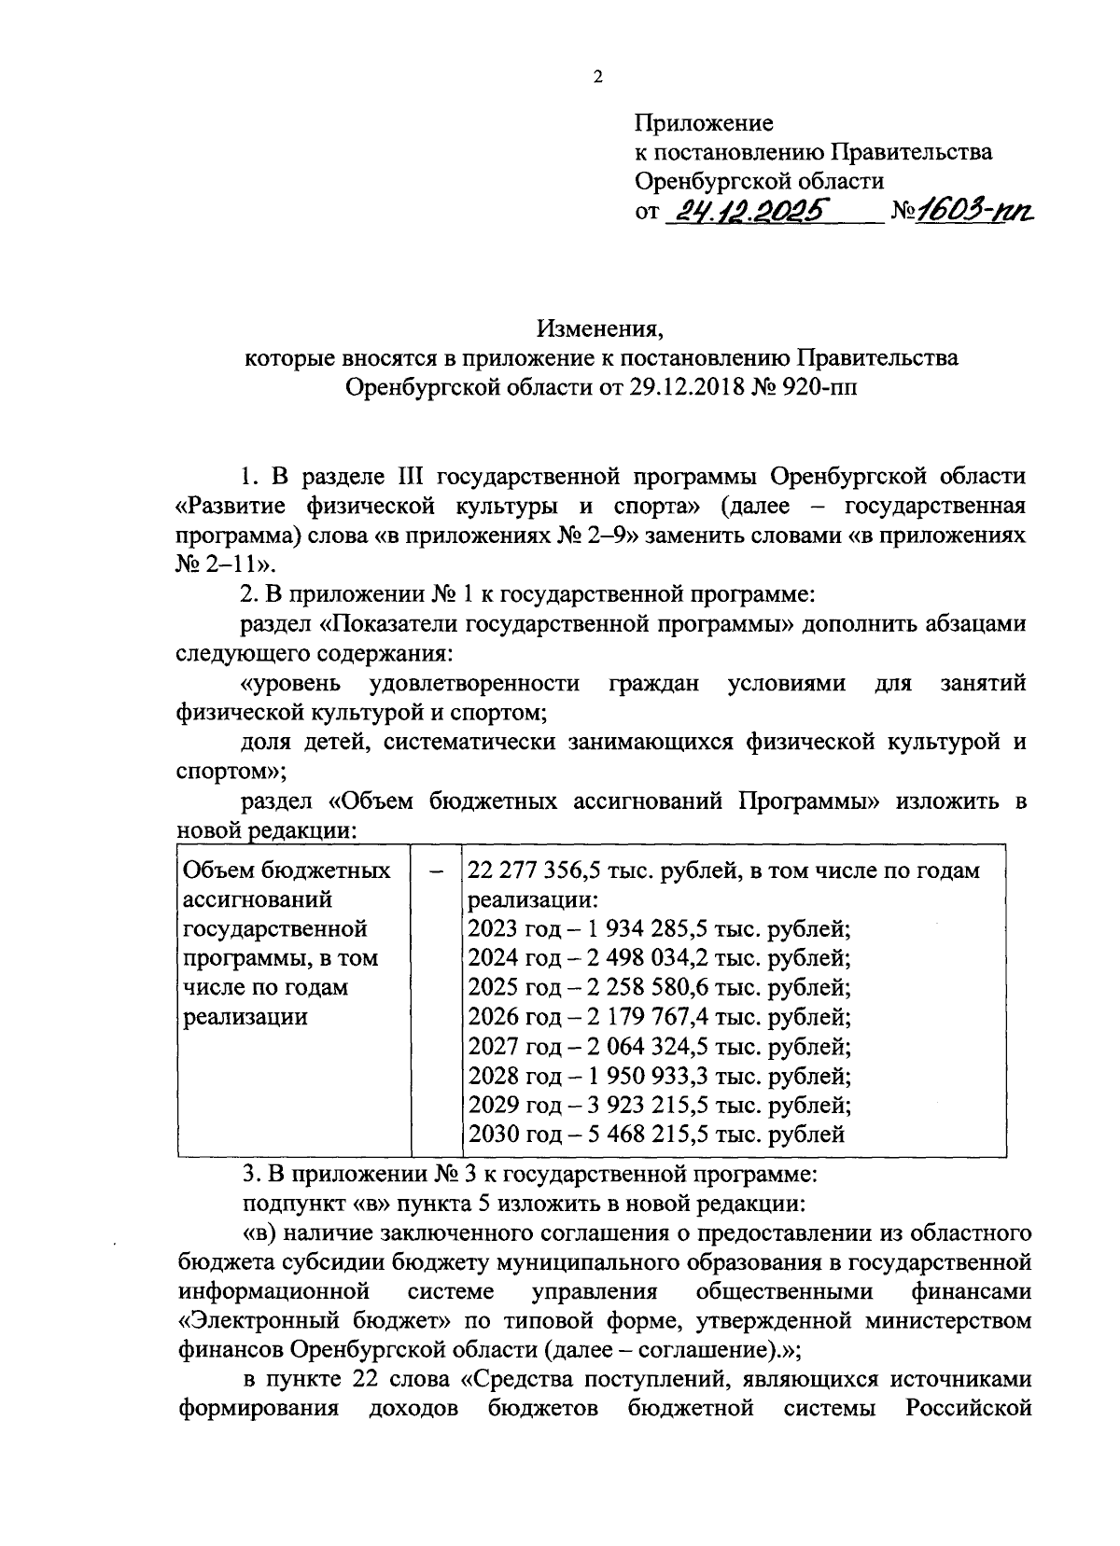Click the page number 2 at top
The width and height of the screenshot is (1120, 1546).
pyautogui.click(x=598, y=77)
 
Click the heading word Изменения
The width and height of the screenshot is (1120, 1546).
pyautogui.click(x=600, y=328)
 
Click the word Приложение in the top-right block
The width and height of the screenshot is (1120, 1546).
pyautogui.click(x=704, y=122)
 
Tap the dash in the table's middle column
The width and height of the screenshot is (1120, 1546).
pyautogui.click(x=436, y=870)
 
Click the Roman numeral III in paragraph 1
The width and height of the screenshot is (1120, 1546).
pyautogui.click(x=406, y=477)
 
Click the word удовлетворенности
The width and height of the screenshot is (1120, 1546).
pyautogui.click(x=474, y=683)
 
